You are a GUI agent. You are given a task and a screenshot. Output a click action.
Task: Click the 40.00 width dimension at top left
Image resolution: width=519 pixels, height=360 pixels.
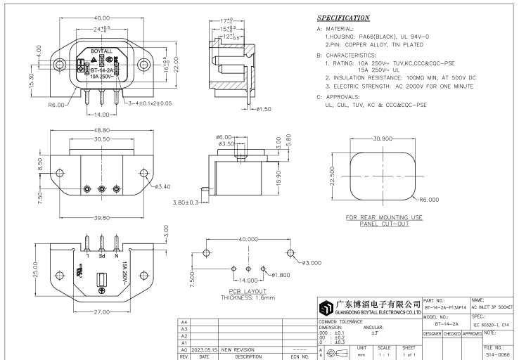102,18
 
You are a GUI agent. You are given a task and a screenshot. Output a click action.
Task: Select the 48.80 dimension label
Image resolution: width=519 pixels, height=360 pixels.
102,131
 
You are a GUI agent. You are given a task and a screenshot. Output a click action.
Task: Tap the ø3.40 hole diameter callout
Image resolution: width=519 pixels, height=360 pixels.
162,186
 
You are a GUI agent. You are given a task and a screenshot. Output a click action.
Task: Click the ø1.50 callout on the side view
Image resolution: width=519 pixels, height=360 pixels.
262,108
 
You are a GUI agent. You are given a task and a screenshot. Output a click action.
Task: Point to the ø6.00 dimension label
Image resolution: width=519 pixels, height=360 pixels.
223,137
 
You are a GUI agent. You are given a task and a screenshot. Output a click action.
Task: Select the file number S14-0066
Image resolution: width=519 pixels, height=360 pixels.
499,356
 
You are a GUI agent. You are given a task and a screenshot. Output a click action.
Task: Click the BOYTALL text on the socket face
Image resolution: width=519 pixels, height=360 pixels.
102,52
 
